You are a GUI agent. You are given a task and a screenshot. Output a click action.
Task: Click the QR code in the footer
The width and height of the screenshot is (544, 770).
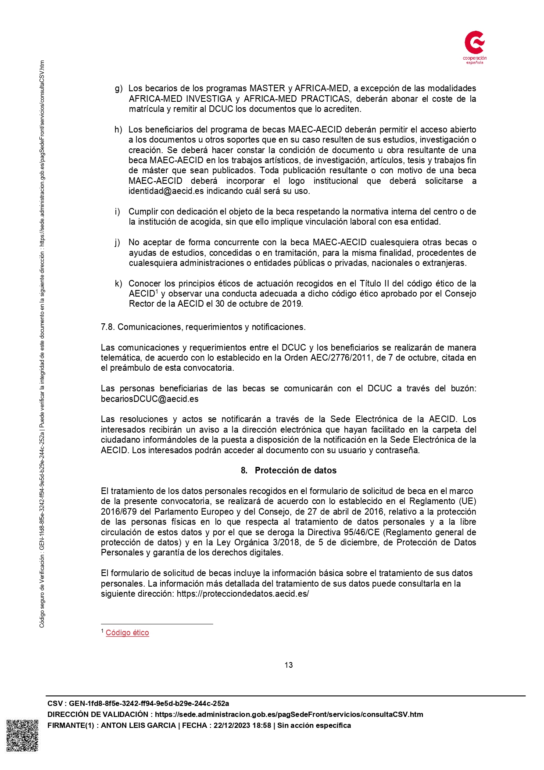(x=22, y=735)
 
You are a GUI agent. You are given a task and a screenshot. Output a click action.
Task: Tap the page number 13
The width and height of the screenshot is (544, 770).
(x=288, y=665)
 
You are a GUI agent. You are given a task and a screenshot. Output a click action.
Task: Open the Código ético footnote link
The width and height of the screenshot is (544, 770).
(x=127, y=633)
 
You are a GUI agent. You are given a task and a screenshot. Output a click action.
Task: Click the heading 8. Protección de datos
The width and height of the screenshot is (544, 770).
(x=288, y=470)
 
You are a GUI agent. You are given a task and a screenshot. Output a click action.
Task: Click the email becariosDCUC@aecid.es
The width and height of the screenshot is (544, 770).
(x=150, y=399)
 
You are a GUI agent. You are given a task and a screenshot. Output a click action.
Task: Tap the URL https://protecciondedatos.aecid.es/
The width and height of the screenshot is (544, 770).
(x=243, y=594)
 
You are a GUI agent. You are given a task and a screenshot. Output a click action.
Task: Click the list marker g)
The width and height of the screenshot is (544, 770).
(x=118, y=89)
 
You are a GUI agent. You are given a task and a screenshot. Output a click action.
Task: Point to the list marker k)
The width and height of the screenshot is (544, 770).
(x=118, y=283)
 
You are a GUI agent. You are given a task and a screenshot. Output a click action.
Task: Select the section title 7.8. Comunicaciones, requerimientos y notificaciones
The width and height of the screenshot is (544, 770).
(x=203, y=327)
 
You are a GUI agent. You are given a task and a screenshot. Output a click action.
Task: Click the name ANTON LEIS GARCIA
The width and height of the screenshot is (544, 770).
(x=138, y=725)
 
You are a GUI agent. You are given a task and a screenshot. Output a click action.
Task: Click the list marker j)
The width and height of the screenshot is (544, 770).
(x=117, y=243)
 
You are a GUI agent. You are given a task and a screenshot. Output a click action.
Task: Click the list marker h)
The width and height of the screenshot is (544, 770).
(x=118, y=130)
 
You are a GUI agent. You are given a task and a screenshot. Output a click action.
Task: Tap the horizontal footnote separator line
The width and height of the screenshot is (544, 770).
(x=157, y=623)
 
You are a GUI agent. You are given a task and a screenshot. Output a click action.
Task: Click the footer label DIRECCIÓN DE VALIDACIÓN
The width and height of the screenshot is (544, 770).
(x=98, y=714)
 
